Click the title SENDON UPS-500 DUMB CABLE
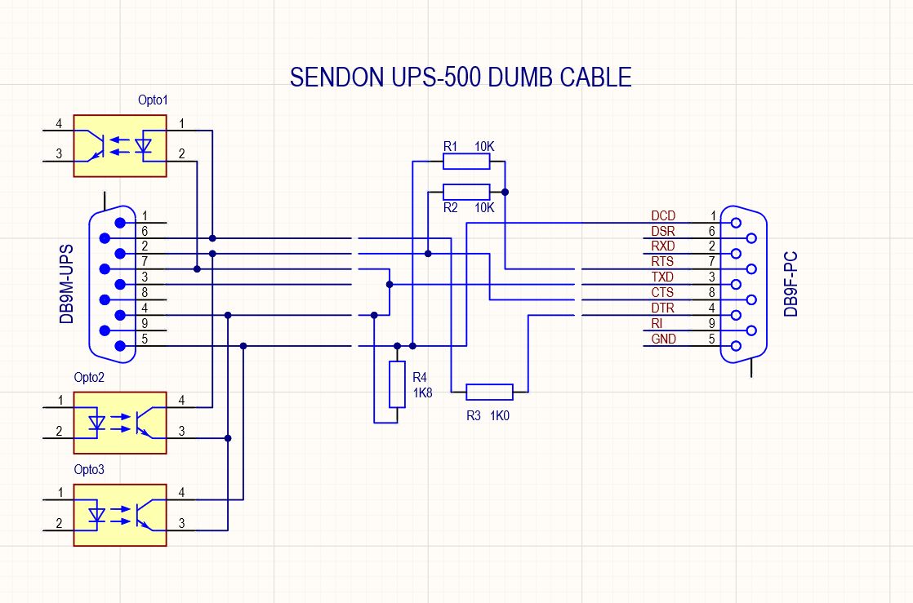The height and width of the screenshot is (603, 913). [x=461, y=78]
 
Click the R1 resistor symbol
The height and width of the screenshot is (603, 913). [x=466, y=162]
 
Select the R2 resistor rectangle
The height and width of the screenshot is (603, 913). [x=466, y=192]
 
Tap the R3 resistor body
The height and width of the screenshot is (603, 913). [x=490, y=392]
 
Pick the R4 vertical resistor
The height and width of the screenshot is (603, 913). [x=397, y=384]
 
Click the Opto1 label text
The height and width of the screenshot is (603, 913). [x=153, y=100]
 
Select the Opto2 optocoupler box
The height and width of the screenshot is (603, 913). [x=120, y=423]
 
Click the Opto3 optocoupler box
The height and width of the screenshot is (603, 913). [x=120, y=515]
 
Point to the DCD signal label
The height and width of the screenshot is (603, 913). [x=663, y=216]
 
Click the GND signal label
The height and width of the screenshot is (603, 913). [x=664, y=339]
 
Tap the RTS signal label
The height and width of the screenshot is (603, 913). [x=662, y=262]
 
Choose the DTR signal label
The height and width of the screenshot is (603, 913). [x=662, y=308]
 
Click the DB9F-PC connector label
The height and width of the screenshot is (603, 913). [x=791, y=284]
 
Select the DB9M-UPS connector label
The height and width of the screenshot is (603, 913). [x=66, y=284]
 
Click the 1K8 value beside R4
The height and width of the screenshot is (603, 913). [x=423, y=392]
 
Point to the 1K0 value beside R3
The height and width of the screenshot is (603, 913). [x=500, y=415]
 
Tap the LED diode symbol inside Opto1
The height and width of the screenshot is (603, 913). [x=143, y=145]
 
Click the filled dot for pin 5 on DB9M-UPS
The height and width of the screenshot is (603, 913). [x=121, y=346]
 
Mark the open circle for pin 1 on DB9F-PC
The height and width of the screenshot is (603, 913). [x=736, y=223]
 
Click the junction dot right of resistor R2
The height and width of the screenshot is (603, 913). [x=505, y=192]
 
